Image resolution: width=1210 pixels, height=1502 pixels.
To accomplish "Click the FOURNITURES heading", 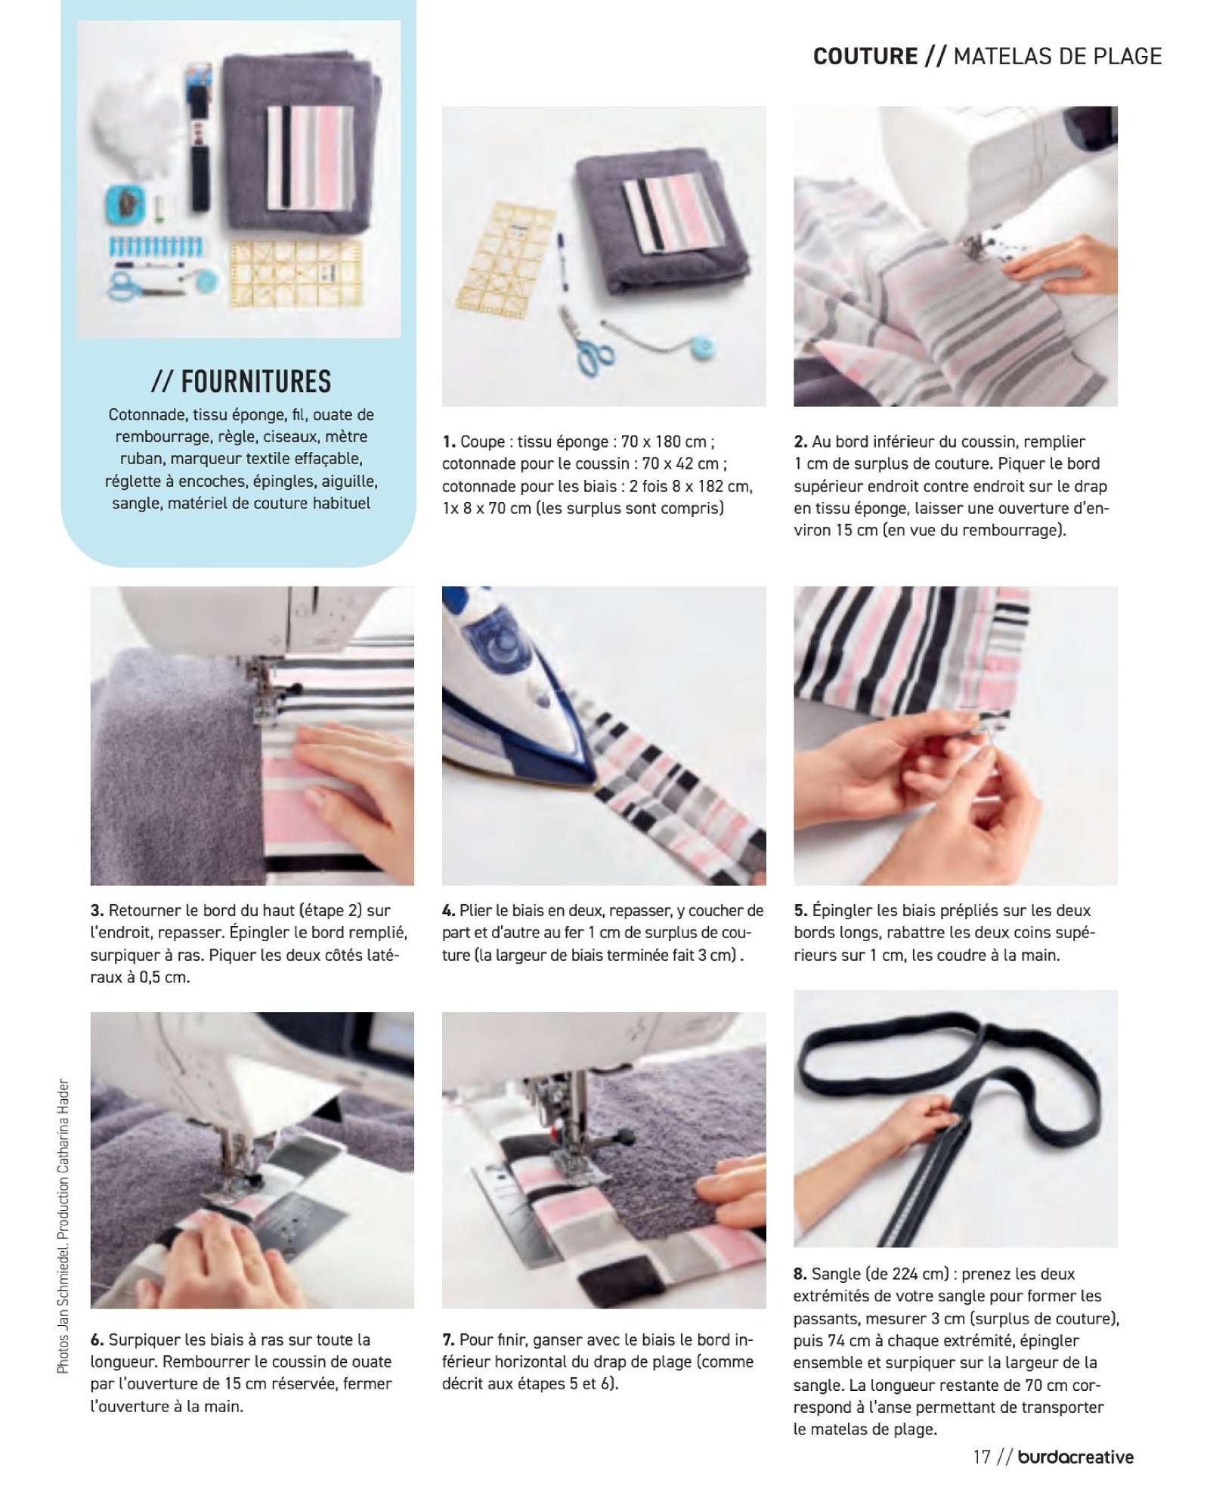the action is pyautogui.click(x=241, y=381).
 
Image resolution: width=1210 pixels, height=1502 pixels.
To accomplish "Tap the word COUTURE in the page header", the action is pyautogui.click(x=865, y=56).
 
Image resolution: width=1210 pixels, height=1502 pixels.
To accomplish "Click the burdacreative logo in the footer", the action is pyautogui.click(x=1075, y=1456).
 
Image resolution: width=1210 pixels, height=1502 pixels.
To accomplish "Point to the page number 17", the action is pyautogui.click(x=982, y=1456).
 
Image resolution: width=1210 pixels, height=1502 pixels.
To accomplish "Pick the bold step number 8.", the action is pyautogui.click(x=800, y=1274).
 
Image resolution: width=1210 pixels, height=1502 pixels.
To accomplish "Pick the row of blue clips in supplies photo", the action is pyautogui.click(x=156, y=246).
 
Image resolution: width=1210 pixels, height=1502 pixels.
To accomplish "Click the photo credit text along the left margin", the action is pyautogui.click(x=63, y=1225).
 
